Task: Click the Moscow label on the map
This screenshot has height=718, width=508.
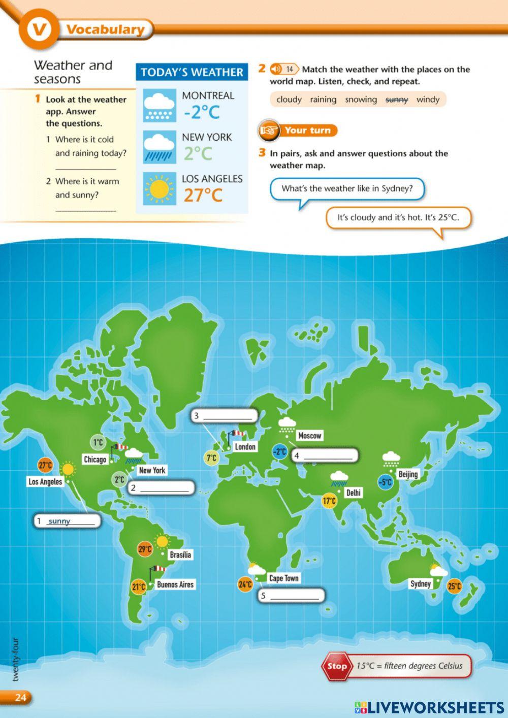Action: [309, 435]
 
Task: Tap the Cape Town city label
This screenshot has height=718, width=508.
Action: [283, 578]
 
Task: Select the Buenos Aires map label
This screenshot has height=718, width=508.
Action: [175, 584]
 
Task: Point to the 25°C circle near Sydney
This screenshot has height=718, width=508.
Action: [454, 586]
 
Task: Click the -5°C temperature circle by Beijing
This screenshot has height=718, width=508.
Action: [385, 482]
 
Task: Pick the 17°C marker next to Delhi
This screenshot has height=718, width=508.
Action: [329, 501]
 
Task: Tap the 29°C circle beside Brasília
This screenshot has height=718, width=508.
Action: [145, 549]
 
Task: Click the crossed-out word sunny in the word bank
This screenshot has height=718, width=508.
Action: [397, 100]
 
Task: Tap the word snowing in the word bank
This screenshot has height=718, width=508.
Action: [361, 100]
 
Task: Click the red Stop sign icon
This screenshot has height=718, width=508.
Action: [336, 666]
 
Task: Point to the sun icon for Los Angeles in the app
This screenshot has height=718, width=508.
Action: [159, 189]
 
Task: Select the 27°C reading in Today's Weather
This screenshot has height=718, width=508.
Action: [203, 195]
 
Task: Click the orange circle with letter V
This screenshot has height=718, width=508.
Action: [38, 29]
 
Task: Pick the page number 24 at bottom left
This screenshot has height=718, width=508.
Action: [20, 697]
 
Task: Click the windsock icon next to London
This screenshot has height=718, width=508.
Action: [236, 435]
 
